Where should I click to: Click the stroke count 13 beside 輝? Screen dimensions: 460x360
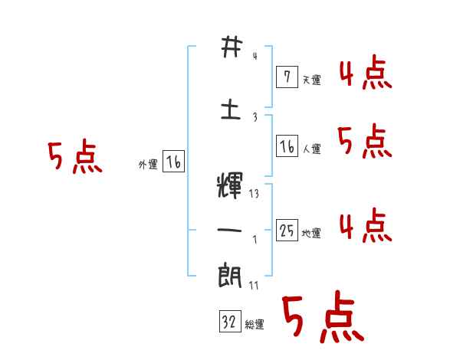(254, 194)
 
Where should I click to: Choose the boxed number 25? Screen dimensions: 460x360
(286, 230)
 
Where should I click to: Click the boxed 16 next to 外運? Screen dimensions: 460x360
(173, 162)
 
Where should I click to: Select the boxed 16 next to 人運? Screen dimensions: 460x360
(286, 146)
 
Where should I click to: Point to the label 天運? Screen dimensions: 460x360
(311, 80)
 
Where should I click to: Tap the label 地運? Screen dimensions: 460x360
(311, 234)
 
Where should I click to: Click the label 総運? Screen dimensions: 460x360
(255, 326)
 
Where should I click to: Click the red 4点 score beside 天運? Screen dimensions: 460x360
(365, 73)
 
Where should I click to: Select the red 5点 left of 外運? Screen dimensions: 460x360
(74, 157)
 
